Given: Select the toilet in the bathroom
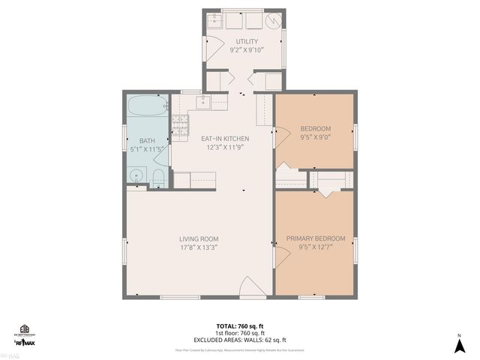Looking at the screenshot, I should pos(157,177).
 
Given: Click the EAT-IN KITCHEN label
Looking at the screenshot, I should pos(225,139).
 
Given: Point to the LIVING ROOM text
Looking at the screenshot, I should pos(199,239).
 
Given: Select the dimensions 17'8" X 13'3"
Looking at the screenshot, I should pos(199,247).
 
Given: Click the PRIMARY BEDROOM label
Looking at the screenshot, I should pos(316,239).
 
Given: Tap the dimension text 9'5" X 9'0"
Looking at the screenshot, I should pos(316,136).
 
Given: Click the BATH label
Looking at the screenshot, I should pos(147,140).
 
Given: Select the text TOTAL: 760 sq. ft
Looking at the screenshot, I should pos(240,326).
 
